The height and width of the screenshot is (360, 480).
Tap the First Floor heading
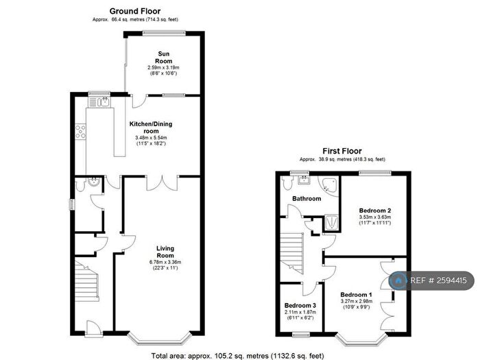coord(342,151)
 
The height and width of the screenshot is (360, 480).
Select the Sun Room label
coord(164,57)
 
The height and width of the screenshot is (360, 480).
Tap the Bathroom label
coord(306,199)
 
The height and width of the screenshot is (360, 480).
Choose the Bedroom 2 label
coord(374,211)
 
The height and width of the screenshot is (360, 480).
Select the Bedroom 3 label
coord(300,305)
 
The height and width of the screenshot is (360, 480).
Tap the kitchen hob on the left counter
coord(80,131)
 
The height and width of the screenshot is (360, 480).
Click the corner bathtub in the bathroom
coord(330,184)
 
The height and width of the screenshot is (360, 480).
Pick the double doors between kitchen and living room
coord(162,180)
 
